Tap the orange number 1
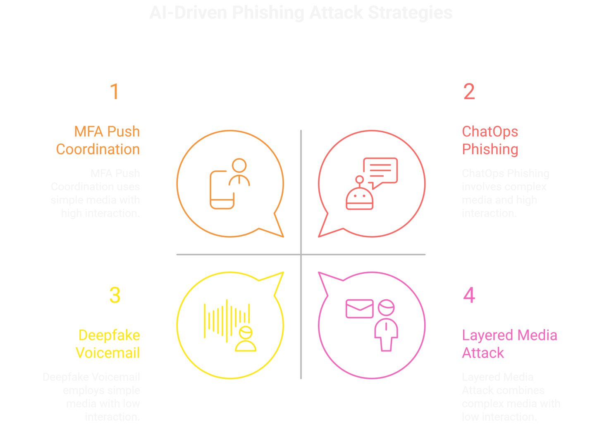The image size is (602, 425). point(115,92)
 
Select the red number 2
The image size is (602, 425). point(469,92)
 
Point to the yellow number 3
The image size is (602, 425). point(115,295)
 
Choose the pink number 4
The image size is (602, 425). point(469,295)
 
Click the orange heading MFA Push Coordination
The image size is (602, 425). point(98,141)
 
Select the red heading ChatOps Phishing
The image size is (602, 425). point(490,141)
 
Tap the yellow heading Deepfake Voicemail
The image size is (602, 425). point(108,344)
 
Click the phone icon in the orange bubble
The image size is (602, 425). point(222,190)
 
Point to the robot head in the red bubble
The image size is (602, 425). point(360,198)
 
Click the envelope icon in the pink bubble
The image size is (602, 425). point(359,309)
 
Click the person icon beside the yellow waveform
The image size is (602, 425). point(246,339)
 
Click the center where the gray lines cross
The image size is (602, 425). point(301,254)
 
